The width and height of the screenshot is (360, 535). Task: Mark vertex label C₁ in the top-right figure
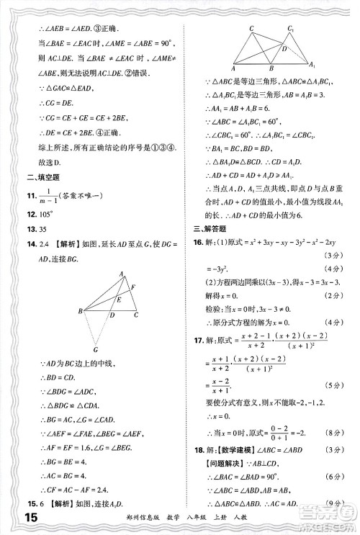tap(289, 28)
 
